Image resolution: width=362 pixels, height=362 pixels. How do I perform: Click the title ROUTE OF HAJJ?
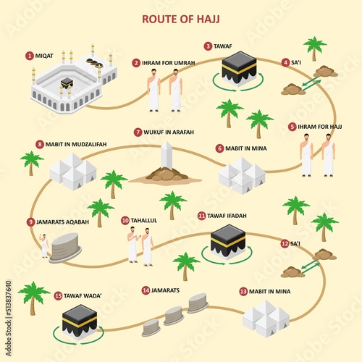(x=181, y=19)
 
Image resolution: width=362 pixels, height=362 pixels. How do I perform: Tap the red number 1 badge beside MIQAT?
(x=30, y=56)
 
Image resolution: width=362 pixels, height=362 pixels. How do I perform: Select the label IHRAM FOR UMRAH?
(x=168, y=63)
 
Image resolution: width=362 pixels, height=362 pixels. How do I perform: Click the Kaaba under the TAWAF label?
(x=239, y=69)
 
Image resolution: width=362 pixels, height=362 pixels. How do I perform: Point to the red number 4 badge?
(x=285, y=62)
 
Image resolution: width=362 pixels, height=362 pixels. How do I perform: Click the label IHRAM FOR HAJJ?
(x=320, y=127)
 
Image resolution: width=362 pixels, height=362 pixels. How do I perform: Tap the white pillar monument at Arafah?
(x=167, y=156)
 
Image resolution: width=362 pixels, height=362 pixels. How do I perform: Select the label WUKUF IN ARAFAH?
(x=169, y=132)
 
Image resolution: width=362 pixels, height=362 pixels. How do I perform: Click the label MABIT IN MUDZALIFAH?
(x=76, y=144)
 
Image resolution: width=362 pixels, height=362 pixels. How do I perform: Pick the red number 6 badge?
(x=219, y=148)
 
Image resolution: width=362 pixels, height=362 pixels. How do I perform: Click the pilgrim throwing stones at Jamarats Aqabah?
(x=44, y=245)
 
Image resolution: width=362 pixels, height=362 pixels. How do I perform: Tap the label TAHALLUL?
(x=144, y=220)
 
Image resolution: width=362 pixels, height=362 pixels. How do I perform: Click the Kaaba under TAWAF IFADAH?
(x=228, y=242)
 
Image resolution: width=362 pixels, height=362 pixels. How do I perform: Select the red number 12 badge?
(x=285, y=243)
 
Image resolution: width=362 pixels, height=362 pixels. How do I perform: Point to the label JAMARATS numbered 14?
(x=165, y=290)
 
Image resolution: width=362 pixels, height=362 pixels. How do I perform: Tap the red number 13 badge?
(x=243, y=292)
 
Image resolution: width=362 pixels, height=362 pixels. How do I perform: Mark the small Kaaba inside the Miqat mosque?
(x=67, y=83)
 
